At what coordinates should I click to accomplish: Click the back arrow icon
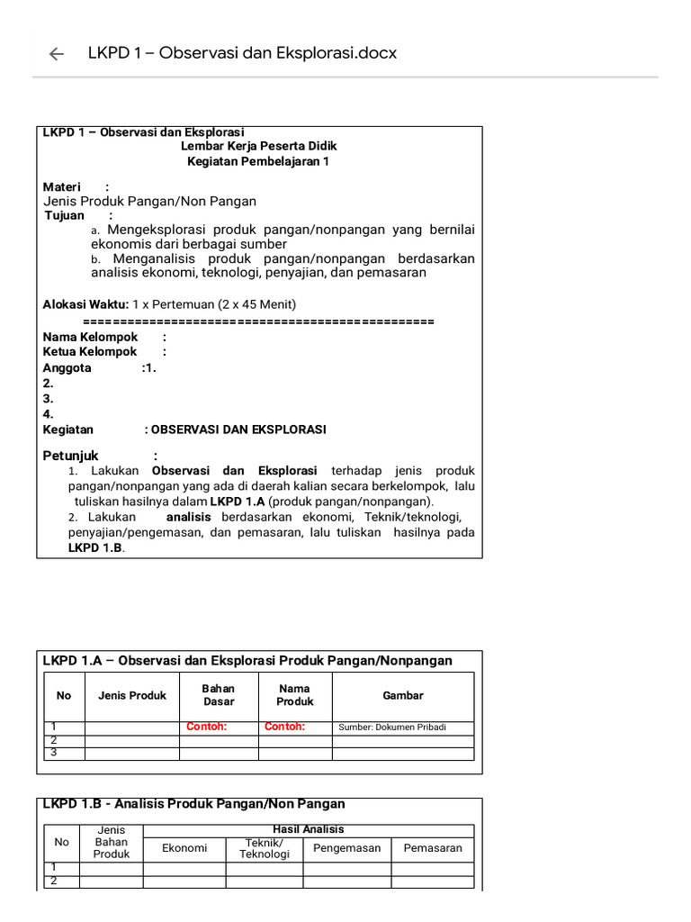coord(57,54)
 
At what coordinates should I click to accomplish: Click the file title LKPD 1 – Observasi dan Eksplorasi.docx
coord(242,53)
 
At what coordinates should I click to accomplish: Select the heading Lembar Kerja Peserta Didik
coord(259,146)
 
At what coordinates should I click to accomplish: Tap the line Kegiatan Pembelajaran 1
coord(258,161)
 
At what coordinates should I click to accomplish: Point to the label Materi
coord(62,186)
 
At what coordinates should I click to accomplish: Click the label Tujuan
coord(65,216)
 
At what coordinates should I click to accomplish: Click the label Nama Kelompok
coord(90,337)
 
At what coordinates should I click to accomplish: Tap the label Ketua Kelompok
coord(90,352)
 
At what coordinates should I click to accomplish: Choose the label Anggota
coord(67,367)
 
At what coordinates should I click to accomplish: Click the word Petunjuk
coord(71,456)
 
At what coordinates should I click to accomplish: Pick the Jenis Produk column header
coord(132,695)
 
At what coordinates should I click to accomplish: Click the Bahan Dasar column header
coord(219,695)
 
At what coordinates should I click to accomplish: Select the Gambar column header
coord(403,695)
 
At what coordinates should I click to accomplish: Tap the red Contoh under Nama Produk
coord(285,727)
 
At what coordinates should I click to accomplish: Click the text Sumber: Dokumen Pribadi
coord(392,728)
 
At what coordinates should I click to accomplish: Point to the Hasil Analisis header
coord(308,829)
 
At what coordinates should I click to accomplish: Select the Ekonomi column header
coord(184,848)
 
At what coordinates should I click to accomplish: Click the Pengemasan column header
coord(347,848)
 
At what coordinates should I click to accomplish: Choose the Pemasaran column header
coord(433,848)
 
